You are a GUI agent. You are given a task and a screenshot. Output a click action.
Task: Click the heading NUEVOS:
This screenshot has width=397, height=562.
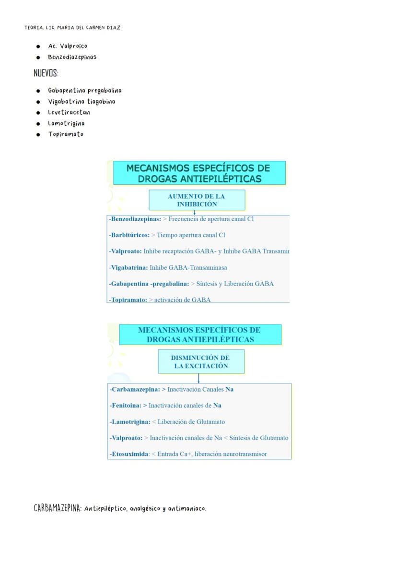pyautogui.click(x=46, y=73)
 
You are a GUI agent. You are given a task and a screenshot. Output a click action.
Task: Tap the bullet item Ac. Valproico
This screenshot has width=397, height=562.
pyautogui.click(x=68, y=46)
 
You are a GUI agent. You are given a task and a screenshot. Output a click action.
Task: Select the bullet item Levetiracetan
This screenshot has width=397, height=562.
pyautogui.click(x=69, y=112)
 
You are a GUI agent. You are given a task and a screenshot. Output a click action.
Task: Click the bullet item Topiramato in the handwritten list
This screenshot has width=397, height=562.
pyautogui.click(x=66, y=134)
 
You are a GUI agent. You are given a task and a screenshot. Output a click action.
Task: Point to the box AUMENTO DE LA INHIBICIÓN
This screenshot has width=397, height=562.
pyautogui.click(x=197, y=200)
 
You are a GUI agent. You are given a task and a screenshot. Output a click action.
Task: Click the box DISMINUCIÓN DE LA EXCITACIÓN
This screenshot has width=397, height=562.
pyautogui.click(x=201, y=362)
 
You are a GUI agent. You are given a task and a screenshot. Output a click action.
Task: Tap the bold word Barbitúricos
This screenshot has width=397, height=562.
pyautogui.click(x=130, y=235)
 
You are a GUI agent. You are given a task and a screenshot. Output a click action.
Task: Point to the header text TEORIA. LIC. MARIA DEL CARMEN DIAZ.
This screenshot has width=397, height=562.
pyautogui.click(x=73, y=28)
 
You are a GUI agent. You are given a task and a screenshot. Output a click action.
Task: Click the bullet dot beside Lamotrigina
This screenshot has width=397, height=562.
pyautogui.click(x=38, y=123)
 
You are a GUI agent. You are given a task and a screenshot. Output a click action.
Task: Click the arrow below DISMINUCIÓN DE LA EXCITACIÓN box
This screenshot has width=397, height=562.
pyautogui.click(x=198, y=378)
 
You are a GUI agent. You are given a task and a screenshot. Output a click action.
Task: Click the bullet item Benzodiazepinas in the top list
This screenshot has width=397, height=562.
pyautogui.click(x=72, y=57)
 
